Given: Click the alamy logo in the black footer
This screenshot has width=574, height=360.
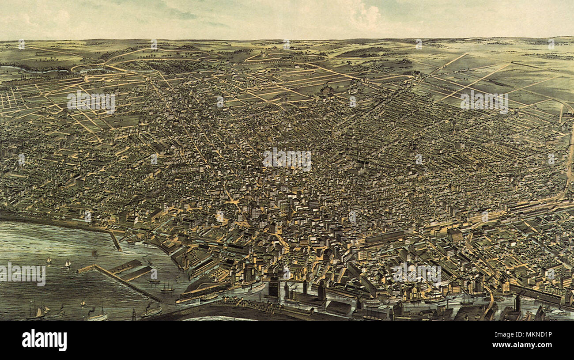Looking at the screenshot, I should point(45,340).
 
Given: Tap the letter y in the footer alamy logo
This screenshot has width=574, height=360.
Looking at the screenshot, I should point(63,341).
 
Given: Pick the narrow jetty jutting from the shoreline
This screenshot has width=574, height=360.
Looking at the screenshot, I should point(116,241).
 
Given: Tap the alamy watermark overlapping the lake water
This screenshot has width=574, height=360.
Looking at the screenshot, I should point(23,274).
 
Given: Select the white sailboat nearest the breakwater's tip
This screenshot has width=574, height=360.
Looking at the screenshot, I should point(68,264).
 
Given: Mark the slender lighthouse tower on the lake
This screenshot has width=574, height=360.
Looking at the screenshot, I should point(133,314).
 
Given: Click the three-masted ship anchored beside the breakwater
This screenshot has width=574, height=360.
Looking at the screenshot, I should point(167,288).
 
